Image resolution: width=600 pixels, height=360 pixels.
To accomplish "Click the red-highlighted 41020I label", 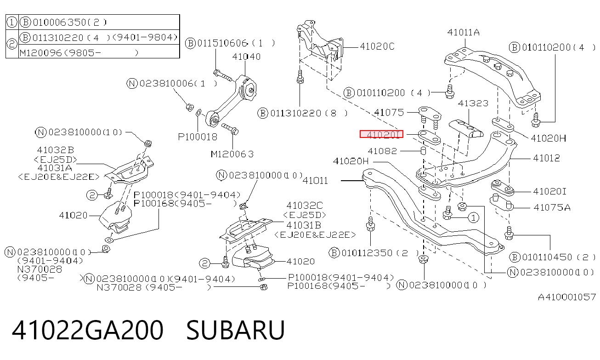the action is (381, 134).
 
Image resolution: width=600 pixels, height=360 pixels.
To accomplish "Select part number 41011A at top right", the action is (464, 33).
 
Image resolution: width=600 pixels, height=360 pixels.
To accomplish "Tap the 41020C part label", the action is (377, 46).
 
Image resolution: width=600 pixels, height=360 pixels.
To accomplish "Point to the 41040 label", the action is (246, 57).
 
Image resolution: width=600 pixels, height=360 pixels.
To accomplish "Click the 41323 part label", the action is (473, 103).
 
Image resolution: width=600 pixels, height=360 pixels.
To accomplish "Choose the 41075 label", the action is (389, 112).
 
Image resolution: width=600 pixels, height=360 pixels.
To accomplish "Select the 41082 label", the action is (382, 151).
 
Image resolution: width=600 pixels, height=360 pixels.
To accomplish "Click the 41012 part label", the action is (546, 158).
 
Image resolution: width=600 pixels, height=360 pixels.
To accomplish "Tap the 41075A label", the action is (552, 207).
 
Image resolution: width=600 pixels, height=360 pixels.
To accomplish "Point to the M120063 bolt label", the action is (232, 154).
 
